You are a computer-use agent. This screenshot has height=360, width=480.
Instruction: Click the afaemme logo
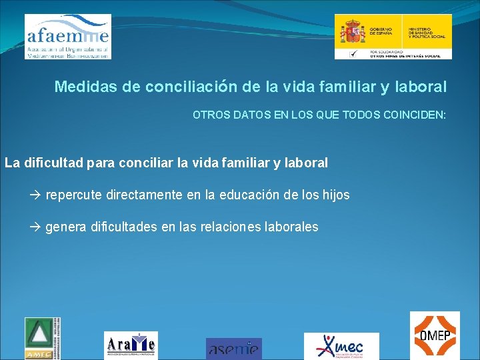pyautogui.click(x=67, y=37)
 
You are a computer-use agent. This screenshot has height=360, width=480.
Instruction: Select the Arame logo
pyautogui.click(x=131, y=345)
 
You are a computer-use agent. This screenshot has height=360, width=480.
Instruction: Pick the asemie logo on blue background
pyautogui.click(x=233, y=348)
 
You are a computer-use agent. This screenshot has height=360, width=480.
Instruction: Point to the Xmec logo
pyautogui.click(x=341, y=346)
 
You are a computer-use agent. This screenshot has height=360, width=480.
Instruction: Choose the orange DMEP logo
pyautogui.click(x=434, y=335)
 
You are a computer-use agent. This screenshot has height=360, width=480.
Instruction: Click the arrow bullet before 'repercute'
pyautogui.click(x=36, y=195)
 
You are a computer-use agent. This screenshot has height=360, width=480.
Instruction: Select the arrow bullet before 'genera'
pyautogui.click(x=36, y=227)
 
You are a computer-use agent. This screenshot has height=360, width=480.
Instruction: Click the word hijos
pyautogui.click(x=335, y=195)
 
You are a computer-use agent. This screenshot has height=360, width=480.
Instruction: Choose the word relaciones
pyautogui.click(x=231, y=227)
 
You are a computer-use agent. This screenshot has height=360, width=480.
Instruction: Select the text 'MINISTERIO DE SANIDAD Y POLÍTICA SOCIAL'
pyautogui.click(x=427, y=33)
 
